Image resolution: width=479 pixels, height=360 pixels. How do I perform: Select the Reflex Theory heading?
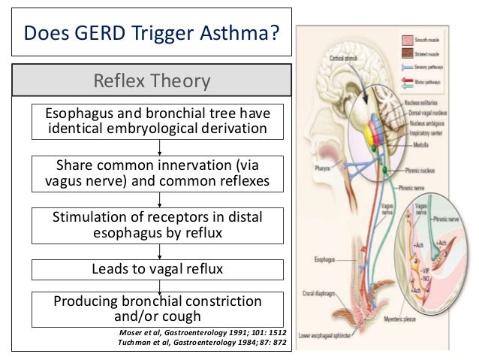point(150,80)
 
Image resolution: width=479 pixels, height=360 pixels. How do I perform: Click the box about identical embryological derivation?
point(158,121)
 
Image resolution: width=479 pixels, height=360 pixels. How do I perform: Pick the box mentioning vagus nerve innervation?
point(158,173)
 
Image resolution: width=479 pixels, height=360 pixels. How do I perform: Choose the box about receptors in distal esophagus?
point(158,225)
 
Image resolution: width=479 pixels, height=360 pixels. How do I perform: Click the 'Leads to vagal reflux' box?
point(158,269)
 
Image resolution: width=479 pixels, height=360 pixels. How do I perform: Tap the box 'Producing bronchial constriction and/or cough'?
point(158,309)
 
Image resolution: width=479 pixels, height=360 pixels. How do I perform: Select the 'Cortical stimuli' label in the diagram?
point(339,56)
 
